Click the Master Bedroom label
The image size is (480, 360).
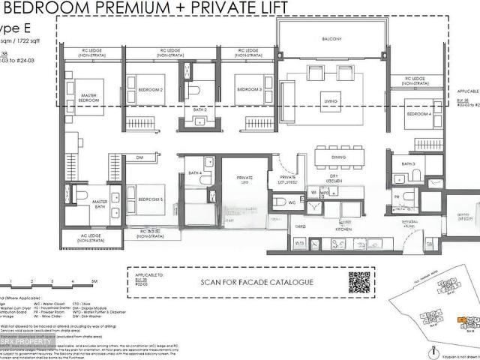tap(89, 97)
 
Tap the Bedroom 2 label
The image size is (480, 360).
tap(150, 90)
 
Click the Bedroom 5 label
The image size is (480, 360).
tap(150, 199)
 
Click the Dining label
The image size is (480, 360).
tap(339, 157)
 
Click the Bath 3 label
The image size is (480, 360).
tap(408, 163)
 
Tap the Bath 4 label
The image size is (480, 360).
tap(196, 173)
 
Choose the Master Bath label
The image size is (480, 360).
tap(100, 204)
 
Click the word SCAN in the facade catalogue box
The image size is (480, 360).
tap(212, 283)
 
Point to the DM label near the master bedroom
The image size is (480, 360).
tap(139, 157)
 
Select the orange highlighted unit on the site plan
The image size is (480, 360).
tap(468, 323)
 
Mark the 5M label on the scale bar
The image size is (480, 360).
tap(94, 281)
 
